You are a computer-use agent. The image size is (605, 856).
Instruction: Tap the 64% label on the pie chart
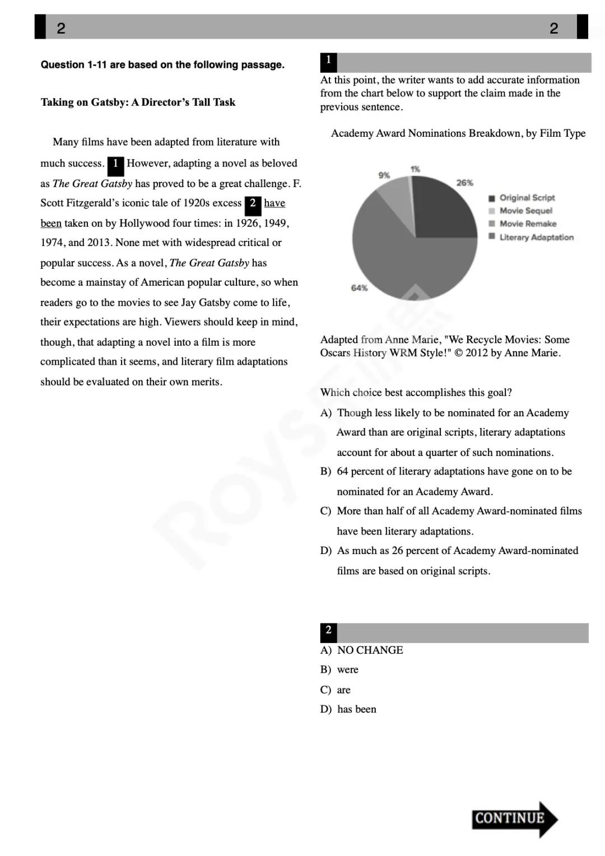coord(359,288)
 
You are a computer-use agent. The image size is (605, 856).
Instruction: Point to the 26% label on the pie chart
coord(464,183)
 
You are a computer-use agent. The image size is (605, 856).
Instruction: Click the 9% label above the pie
coord(384,175)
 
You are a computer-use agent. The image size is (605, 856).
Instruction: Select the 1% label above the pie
coord(415,169)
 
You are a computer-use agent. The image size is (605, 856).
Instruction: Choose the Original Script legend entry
coord(527,198)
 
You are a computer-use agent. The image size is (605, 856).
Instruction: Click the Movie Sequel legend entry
coord(525,211)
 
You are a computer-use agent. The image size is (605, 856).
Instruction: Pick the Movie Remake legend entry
coord(528,224)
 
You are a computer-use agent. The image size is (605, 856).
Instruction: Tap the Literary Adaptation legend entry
coord(536,237)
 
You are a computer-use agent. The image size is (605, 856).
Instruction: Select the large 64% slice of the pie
coord(409,263)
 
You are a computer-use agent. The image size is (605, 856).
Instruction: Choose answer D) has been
coord(356,709)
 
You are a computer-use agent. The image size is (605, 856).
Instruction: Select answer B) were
coord(347,670)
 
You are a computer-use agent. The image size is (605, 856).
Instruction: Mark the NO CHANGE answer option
coord(370,650)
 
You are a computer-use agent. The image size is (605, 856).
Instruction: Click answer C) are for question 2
coord(343,690)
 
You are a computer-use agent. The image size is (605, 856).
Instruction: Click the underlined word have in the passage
coord(274,203)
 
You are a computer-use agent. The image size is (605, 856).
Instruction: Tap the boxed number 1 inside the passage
coord(115,164)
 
